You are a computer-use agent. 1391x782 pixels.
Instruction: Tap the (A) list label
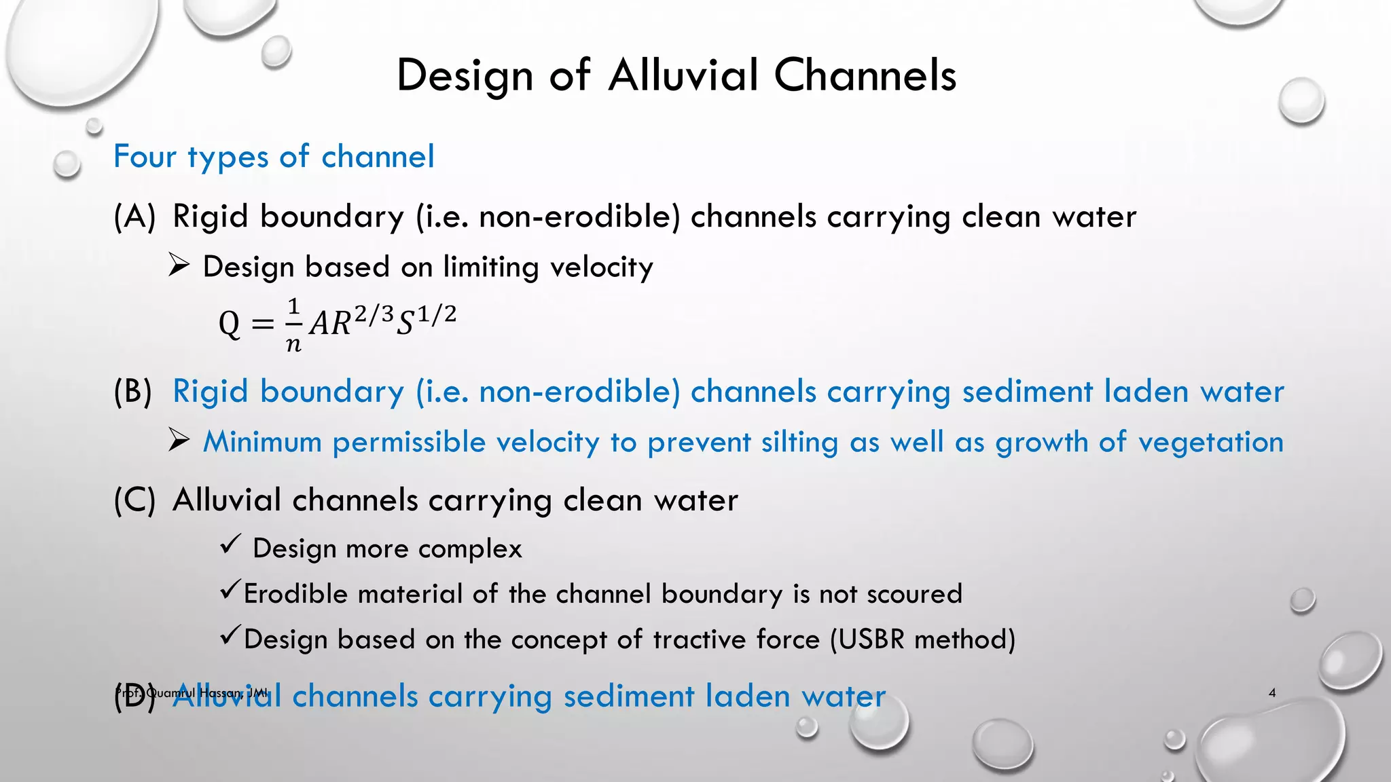click(134, 217)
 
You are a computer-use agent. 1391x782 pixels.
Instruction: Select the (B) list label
click(133, 392)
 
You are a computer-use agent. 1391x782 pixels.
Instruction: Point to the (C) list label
click(134, 501)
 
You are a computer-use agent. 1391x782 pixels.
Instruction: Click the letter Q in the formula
click(230, 324)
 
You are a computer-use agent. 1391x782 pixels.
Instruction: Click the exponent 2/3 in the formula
click(373, 314)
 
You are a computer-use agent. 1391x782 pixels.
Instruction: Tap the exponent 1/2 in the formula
click(436, 314)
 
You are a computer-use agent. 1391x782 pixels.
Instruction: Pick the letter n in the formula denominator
click(293, 344)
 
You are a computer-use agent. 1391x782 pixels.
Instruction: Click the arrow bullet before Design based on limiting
click(179, 265)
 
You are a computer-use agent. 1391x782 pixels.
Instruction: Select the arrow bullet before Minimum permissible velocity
click(179, 441)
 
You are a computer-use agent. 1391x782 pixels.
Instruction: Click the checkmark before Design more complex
click(230, 544)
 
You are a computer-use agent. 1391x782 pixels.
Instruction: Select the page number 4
click(1272, 692)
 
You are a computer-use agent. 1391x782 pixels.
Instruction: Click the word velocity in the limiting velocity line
click(601, 267)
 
